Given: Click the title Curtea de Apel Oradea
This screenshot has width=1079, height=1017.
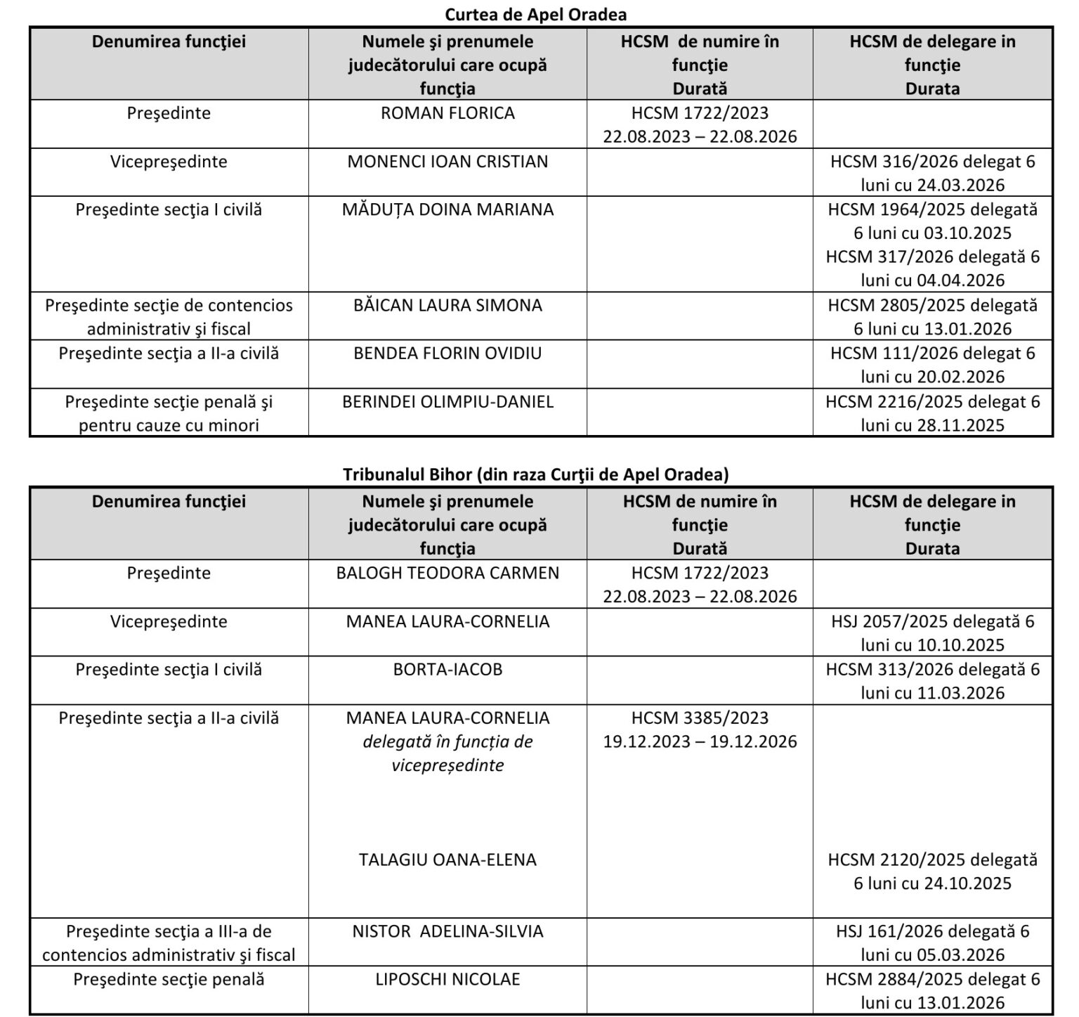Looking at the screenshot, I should (535, 14).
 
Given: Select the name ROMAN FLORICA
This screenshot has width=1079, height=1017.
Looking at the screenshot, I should (447, 113).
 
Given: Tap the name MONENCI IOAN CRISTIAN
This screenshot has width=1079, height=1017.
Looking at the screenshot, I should (447, 162).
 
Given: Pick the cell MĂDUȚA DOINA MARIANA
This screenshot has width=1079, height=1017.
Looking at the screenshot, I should (447, 209).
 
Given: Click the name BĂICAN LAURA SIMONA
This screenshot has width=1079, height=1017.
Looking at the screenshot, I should (447, 306).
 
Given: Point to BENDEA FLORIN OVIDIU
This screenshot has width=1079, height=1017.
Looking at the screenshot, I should (447, 353).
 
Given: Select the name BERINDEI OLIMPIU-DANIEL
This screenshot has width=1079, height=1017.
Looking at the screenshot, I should (447, 401).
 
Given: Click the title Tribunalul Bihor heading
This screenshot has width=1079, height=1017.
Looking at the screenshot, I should (535, 474).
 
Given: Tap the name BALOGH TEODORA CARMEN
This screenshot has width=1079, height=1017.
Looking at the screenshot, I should (447, 573).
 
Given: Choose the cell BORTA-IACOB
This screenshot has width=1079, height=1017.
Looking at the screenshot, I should (447, 669).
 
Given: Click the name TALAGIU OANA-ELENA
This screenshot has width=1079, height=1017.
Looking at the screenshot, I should (447, 860).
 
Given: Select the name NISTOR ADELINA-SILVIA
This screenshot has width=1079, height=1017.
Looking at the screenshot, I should (447, 931).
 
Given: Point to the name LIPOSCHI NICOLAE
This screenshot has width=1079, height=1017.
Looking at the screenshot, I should (447, 979).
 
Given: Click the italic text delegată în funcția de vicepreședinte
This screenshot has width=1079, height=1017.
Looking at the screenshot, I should (447, 753).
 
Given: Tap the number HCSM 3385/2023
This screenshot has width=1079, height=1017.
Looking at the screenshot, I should (700, 718).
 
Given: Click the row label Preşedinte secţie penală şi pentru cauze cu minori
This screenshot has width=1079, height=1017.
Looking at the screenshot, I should (169, 413).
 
